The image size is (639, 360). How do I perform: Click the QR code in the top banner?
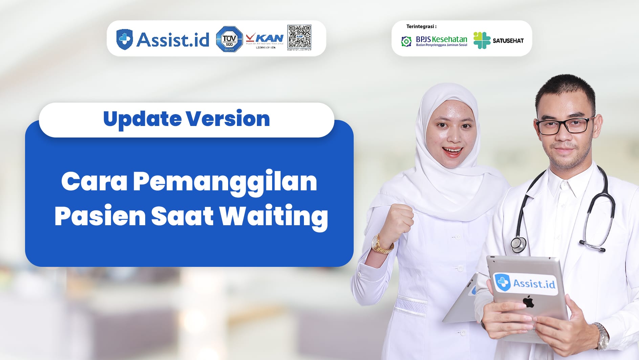point(299,37)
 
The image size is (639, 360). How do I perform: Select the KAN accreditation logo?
point(265,40)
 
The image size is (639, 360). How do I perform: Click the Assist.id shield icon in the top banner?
point(124,39)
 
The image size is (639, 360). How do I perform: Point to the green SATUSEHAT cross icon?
point(482,40)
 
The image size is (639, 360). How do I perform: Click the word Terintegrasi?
point(421,26)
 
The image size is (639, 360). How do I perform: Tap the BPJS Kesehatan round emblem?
point(406,41)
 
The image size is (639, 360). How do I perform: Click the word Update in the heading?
point(142,119)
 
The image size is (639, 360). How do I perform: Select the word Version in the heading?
point(227,119)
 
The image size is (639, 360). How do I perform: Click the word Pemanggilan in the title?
point(225,182)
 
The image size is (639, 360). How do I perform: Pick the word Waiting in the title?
point(274,216)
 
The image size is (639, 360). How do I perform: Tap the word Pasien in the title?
point(100,216)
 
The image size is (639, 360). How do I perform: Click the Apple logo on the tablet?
point(528,301)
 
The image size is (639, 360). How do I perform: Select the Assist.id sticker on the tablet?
point(525,283)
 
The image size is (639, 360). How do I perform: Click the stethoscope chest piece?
point(518,244)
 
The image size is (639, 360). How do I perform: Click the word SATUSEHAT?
point(508,41)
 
